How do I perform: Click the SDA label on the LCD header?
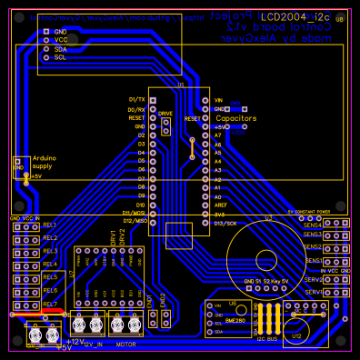(60, 48)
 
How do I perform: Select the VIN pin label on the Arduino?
(218, 100)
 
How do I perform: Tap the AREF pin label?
(220, 205)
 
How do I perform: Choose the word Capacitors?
(235, 118)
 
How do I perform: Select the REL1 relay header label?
(49, 224)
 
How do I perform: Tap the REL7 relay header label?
(49, 304)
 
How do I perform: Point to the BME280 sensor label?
(235, 321)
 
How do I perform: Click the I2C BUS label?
(267, 339)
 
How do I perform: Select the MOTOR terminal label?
(126, 345)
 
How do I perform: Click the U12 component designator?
(296, 335)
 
